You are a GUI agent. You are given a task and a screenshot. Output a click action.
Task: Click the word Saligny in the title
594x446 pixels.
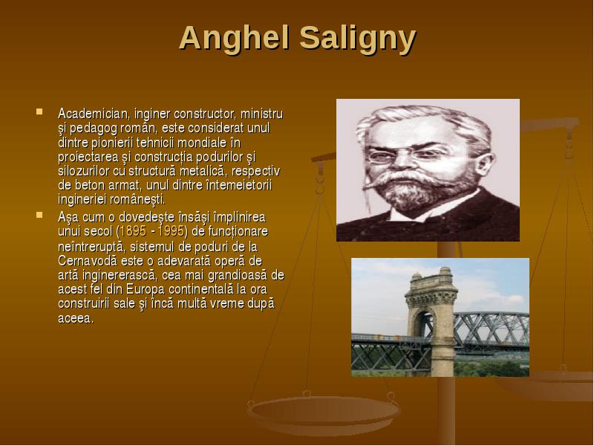pyautogui.click(x=358, y=39)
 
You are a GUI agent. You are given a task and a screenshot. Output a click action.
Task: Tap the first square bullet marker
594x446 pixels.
pyautogui.click(x=39, y=112)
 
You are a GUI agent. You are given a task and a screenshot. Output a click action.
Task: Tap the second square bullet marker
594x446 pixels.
pyautogui.click(x=39, y=216)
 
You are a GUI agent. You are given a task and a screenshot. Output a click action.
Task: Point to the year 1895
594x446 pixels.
pyautogui.click(x=133, y=231)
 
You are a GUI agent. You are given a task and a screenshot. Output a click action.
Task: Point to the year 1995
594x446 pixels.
pyautogui.click(x=171, y=231)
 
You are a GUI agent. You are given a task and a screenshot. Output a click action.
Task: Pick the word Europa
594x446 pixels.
pyautogui.click(x=146, y=290)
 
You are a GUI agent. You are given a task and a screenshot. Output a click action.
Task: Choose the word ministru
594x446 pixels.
pyautogui.click(x=262, y=114)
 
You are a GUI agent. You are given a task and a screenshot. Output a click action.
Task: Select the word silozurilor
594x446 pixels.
pyautogui.click(x=83, y=171)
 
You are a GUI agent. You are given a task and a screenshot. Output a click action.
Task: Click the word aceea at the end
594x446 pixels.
pyautogui.click(x=75, y=319)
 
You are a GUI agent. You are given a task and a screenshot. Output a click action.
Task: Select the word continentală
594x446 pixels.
pyautogui.click(x=200, y=290)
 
